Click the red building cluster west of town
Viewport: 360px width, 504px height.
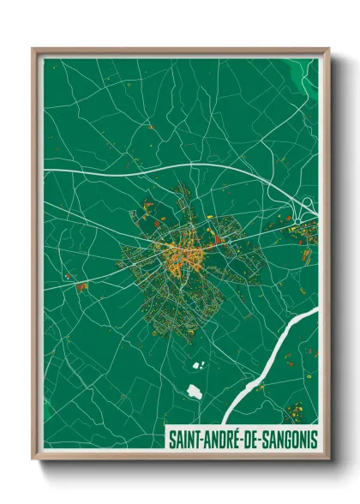pos(81,286)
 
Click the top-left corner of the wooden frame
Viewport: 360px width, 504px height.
pos(33,49)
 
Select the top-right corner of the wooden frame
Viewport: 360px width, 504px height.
pos(328,49)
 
